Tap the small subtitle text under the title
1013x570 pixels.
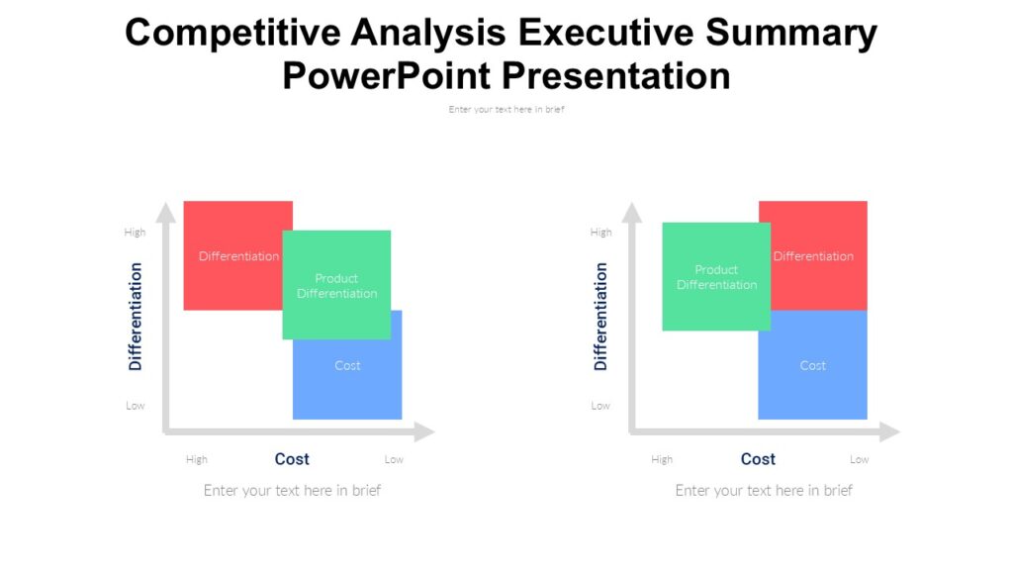[x=506, y=110]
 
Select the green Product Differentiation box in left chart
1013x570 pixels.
[x=336, y=286]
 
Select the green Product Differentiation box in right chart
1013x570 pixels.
[x=716, y=277]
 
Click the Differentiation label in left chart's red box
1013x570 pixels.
[x=238, y=256]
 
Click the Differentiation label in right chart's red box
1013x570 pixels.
[x=813, y=256]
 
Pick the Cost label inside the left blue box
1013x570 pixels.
[x=347, y=366]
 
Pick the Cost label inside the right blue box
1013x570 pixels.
[x=812, y=366]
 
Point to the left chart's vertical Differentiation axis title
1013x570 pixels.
[x=136, y=317]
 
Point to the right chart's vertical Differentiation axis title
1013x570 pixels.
[x=600, y=317]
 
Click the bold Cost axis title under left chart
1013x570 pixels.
[x=292, y=459]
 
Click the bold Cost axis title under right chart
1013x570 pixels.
[x=758, y=459]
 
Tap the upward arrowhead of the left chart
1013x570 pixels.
[x=166, y=211]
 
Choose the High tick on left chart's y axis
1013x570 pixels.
[x=135, y=233]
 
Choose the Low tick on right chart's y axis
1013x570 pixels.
[x=600, y=406]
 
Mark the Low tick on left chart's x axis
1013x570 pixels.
[x=394, y=460]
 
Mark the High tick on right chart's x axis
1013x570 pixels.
[x=662, y=460]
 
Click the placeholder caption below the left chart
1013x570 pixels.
[x=292, y=491]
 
